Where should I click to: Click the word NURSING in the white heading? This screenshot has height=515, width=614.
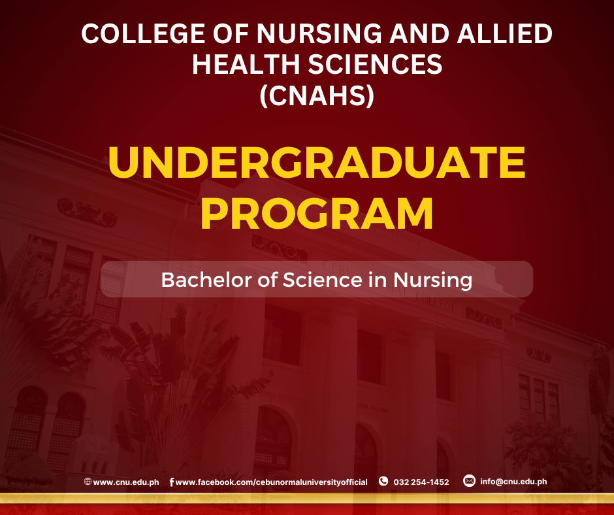point(319,33)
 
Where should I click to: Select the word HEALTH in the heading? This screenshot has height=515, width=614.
point(246,64)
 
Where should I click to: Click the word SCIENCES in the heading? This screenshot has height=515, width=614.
point(375,64)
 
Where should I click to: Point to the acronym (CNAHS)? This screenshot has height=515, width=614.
point(317,96)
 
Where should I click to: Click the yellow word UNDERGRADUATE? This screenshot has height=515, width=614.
point(317,162)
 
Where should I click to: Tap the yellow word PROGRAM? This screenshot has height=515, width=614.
point(317,214)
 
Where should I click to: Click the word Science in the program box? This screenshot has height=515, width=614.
point(323,280)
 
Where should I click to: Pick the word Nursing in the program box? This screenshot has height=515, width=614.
point(432,280)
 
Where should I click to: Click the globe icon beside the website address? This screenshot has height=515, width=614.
point(88,481)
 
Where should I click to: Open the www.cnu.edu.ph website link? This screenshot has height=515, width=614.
point(126,482)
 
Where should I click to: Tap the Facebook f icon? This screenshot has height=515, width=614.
point(172,482)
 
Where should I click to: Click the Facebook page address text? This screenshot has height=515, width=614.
point(271,482)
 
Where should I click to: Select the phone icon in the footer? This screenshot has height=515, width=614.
point(383,481)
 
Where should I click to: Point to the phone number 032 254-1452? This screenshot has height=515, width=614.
point(421,482)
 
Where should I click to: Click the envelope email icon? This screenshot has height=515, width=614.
point(469,480)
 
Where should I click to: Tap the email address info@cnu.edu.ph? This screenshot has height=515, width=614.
point(514,482)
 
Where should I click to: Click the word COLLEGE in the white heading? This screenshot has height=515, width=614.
point(143,33)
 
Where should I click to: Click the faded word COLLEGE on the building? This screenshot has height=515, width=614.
point(436,302)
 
